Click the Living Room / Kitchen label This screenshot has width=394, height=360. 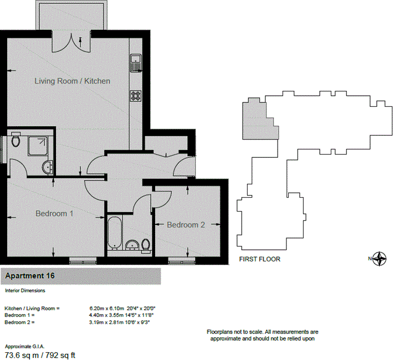pyautogui.click(x=73, y=81)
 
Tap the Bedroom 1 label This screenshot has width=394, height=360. pyautogui.click(x=54, y=214)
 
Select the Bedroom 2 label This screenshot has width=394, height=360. pyautogui.click(x=186, y=225)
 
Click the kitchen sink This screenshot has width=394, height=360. pyautogui.click(x=136, y=63)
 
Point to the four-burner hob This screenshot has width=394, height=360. pyautogui.click(x=136, y=96)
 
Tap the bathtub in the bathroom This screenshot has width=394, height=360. pyautogui.click(x=115, y=233)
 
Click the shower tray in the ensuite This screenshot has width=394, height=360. pyautogui.click(x=38, y=146)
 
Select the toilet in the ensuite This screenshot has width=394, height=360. pyautogui.click(x=16, y=140)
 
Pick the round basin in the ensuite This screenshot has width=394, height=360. pyautogui.click(x=48, y=167)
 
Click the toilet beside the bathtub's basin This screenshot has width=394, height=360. pyautogui.click(x=146, y=245)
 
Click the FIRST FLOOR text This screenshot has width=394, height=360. pyautogui.click(x=259, y=259)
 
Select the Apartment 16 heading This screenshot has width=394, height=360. pyautogui.click(x=30, y=276)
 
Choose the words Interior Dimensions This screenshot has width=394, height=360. pyautogui.click(x=25, y=290)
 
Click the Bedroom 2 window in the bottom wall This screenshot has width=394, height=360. pyautogui.click(x=181, y=262)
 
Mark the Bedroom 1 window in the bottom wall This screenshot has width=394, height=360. pyautogui.click(x=83, y=262)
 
